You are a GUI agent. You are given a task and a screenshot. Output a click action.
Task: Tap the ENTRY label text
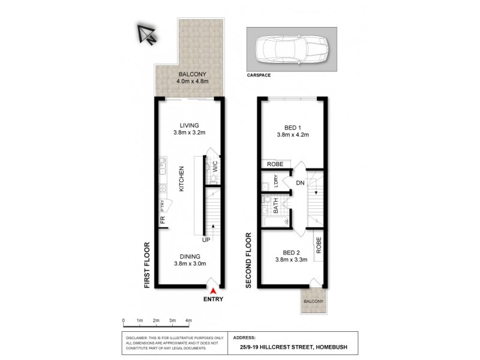click(x=214, y=299)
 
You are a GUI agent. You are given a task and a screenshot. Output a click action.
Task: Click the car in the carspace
click(x=291, y=49)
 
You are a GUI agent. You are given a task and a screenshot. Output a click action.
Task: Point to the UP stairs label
click(x=206, y=240)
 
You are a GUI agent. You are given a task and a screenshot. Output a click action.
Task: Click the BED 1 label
click(x=293, y=127)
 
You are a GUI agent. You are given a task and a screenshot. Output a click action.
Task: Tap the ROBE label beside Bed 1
click(x=275, y=163)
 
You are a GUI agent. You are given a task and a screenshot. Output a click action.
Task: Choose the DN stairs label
click(x=300, y=183)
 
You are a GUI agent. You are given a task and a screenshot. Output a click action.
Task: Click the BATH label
click(x=275, y=209)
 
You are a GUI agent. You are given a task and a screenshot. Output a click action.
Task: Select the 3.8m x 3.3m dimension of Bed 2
click(x=292, y=260)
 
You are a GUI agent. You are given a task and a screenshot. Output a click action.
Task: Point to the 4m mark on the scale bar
click(x=188, y=320)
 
